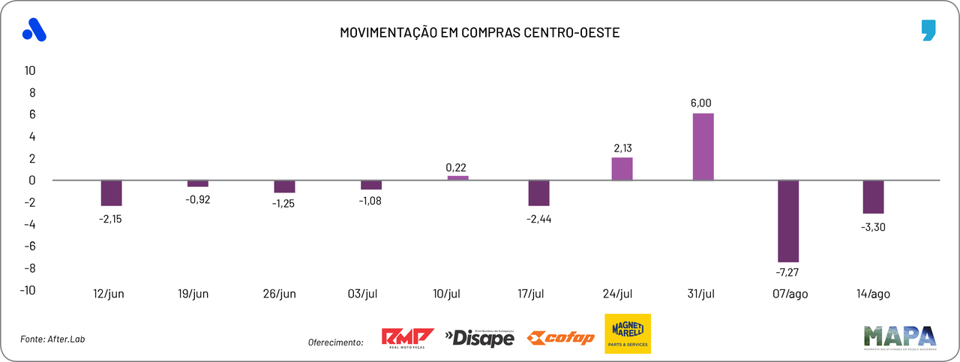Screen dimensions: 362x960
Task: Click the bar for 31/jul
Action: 703,147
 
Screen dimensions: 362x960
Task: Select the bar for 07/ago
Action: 788,220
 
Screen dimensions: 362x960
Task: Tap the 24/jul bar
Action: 622,169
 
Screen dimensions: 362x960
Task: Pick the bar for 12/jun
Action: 111,193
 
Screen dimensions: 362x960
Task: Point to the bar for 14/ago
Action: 873,197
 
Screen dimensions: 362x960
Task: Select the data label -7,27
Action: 788,272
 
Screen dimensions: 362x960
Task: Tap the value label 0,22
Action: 457,166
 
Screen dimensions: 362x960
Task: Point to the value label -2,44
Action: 539,219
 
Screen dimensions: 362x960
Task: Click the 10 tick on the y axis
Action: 30,70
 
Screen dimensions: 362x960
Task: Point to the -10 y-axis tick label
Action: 28,290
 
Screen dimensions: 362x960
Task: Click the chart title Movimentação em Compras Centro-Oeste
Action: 480,33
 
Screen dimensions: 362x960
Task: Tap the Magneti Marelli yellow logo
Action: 628,334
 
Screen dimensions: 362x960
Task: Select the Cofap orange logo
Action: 560,338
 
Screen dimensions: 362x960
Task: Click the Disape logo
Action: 480,338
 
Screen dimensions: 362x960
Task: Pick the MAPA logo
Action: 899,337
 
